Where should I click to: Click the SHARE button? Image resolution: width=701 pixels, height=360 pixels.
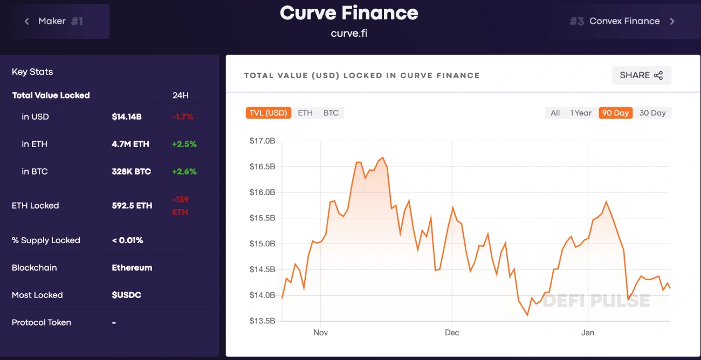point(641,75)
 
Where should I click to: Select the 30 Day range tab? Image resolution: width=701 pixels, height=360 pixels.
point(652,113)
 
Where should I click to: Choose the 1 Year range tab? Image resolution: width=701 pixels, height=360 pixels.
point(581,113)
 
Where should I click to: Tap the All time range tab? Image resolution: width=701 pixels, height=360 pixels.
point(555,113)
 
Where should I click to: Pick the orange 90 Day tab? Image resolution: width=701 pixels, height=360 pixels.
point(615,113)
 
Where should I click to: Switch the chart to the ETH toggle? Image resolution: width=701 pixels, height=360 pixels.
point(305,113)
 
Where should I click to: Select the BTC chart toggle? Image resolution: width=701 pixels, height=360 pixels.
point(331,113)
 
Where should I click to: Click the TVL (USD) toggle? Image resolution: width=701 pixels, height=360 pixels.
point(268,113)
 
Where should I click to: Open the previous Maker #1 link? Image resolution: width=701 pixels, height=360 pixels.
point(54,22)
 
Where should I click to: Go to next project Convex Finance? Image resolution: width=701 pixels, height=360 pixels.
point(624,22)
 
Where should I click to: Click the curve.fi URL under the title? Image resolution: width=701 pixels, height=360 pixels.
point(349,33)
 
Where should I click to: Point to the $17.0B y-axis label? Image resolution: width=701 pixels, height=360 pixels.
point(262,141)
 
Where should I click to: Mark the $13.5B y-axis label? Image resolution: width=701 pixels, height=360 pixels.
point(262,321)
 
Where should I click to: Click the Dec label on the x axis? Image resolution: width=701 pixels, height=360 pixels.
point(452,333)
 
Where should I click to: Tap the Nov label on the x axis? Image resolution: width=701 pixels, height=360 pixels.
point(320,333)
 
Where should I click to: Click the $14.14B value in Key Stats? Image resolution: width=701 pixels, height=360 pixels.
point(127,117)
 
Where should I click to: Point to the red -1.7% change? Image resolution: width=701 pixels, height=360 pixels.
point(183,117)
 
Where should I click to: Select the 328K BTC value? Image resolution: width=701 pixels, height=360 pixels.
point(132,172)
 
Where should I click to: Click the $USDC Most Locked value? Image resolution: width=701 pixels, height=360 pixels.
point(127,295)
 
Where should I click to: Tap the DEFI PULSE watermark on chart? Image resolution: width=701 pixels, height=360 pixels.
point(596,300)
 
